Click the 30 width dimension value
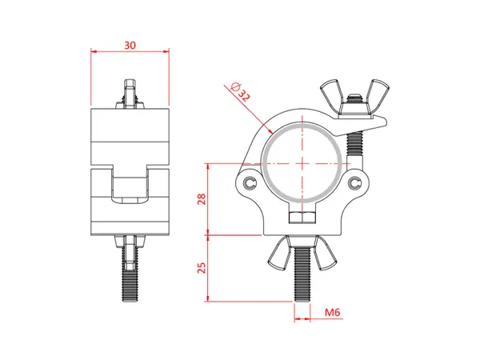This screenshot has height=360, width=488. point(130,46)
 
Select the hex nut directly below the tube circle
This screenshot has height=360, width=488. point(300,218)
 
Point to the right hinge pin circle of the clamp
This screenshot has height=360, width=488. point(354,183)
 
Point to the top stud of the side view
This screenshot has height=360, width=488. point(130,93)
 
